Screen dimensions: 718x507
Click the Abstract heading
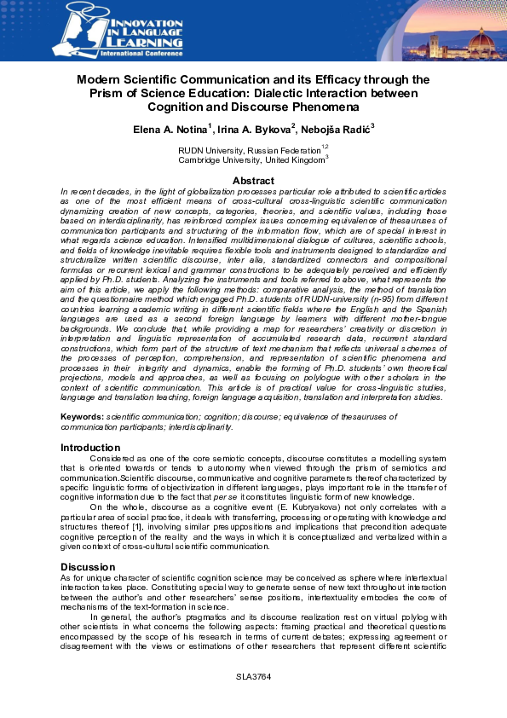tap(253, 181)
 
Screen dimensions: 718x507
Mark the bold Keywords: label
tap(83, 416)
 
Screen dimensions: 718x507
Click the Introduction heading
tap(90, 448)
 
